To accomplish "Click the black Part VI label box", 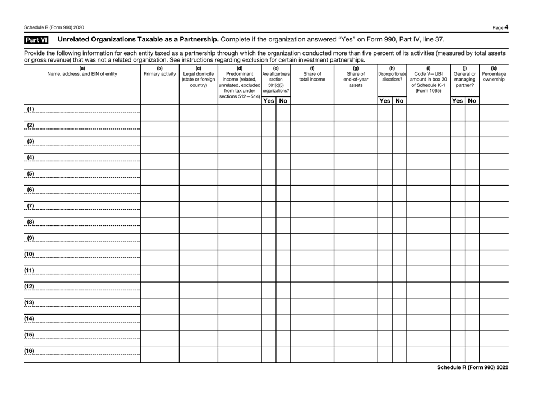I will (x=27, y=40).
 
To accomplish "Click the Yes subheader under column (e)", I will (x=269, y=100).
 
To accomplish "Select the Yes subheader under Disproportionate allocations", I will (x=384, y=100).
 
